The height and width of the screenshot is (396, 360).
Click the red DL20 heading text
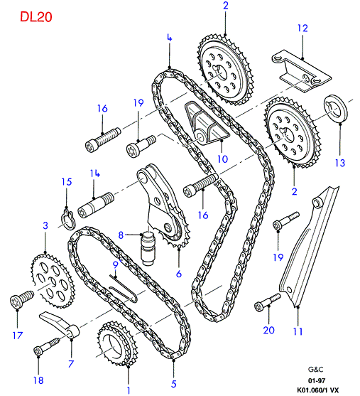(x=36, y=17)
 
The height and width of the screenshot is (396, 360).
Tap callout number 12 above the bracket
(x=302, y=28)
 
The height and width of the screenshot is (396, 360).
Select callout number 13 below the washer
(x=339, y=163)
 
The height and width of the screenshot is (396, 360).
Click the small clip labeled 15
(x=67, y=218)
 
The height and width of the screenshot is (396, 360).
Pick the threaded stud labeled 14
(x=96, y=205)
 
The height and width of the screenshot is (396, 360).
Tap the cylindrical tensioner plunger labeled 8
(x=148, y=249)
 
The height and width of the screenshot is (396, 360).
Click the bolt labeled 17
(x=21, y=299)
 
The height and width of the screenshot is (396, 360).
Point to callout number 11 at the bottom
(x=298, y=331)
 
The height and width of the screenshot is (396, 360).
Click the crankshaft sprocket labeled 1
(x=117, y=343)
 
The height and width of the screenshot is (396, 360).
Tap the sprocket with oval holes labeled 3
(x=53, y=281)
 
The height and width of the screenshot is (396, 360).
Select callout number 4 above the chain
(x=169, y=38)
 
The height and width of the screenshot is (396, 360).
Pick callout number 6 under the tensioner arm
(x=179, y=274)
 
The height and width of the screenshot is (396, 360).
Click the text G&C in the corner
(x=315, y=370)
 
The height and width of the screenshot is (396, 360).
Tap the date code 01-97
(x=317, y=380)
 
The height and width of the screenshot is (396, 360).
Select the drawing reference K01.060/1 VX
(x=317, y=390)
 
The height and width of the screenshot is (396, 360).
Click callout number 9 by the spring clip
(x=115, y=265)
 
